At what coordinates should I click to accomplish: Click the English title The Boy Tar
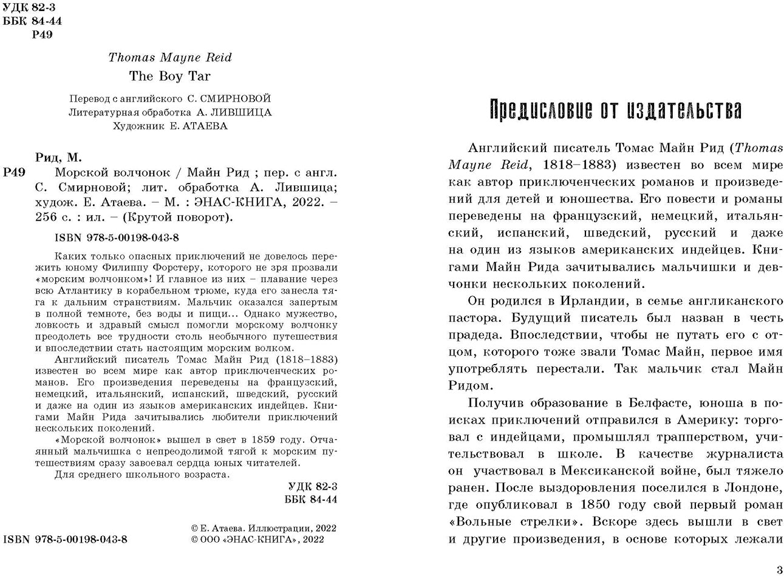(x=169, y=76)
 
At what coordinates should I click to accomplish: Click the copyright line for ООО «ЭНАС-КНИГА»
(x=257, y=539)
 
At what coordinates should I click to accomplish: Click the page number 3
(x=779, y=569)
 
